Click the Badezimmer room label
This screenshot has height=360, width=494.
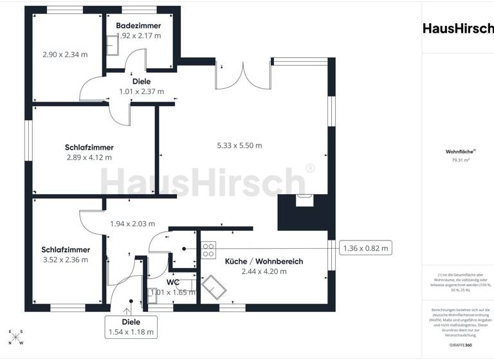[x=138, y=25]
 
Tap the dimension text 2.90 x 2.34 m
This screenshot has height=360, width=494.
[x=64, y=55]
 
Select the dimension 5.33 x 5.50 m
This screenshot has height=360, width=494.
[x=239, y=145]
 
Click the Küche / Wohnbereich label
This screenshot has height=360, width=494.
[x=264, y=261]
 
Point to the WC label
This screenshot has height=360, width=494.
[x=172, y=282]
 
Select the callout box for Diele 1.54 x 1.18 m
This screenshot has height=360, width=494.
[x=131, y=327]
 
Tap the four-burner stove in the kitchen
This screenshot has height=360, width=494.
[x=209, y=249]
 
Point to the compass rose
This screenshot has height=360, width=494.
[x=15, y=337]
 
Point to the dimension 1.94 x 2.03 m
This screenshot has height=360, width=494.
[x=133, y=224]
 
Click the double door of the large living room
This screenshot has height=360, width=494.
[x=243, y=76]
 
